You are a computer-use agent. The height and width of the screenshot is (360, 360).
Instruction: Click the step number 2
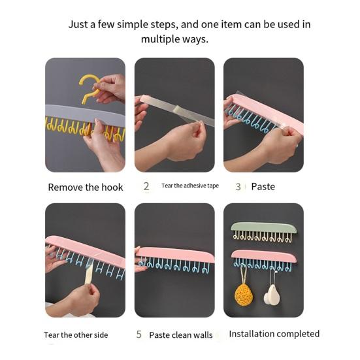(146, 186)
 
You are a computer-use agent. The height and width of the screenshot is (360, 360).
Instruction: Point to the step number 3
(238, 187)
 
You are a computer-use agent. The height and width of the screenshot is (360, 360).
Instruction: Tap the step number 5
(139, 335)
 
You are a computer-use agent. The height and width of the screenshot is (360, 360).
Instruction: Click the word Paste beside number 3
(263, 187)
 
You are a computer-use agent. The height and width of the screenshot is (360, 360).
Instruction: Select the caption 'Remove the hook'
(85, 188)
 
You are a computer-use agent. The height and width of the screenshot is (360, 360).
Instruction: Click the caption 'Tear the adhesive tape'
(190, 186)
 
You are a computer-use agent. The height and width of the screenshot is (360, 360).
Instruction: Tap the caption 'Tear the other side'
(76, 335)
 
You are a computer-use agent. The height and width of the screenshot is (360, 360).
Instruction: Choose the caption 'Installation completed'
(274, 334)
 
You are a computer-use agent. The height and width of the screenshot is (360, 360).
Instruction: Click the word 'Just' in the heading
(80, 25)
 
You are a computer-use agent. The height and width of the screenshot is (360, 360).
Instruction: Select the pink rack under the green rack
(264, 255)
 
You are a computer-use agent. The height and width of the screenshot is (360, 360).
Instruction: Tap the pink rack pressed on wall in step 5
(176, 254)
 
